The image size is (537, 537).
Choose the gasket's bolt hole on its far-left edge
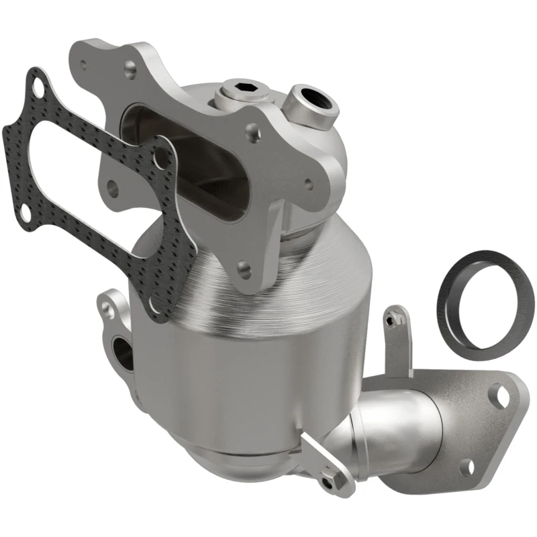click(23, 211)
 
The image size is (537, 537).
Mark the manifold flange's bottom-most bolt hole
click(244, 272)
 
